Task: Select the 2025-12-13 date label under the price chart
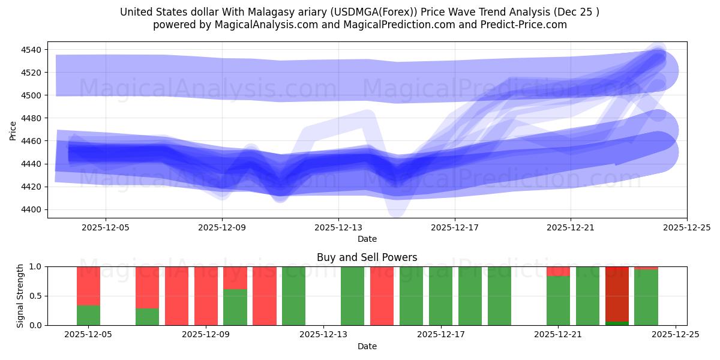[x=338, y=227]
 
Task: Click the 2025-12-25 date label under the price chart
[x=686, y=227]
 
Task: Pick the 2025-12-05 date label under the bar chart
[x=88, y=335]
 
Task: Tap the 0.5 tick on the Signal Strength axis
[x=35, y=296]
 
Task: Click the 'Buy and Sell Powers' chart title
[x=367, y=258]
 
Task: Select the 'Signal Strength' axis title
[x=20, y=296]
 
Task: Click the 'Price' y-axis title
[x=13, y=130]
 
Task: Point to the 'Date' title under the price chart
[x=367, y=239]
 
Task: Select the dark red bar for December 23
[x=617, y=294]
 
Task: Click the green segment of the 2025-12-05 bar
[x=88, y=315]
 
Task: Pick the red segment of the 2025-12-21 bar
[x=558, y=271]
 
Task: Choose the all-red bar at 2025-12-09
[x=206, y=296]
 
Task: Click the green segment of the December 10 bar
[x=235, y=307]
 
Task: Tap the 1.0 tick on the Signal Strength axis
[x=35, y=266]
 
